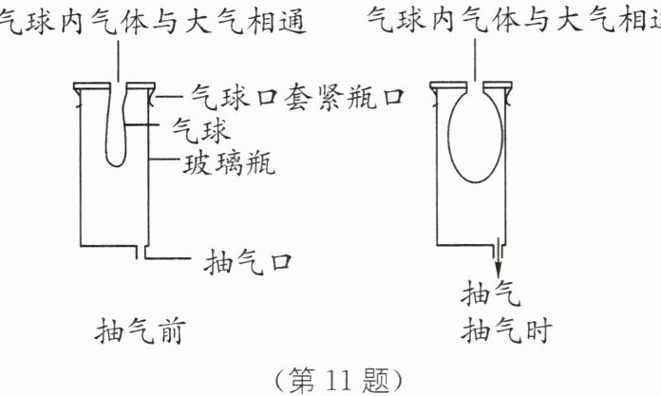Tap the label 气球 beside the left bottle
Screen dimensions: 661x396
click(x=200, y=124)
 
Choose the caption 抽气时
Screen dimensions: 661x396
click(x=503, y=331)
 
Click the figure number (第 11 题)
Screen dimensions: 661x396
click(x=330, y=380)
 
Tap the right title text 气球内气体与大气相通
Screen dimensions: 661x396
click(x=513, y=22)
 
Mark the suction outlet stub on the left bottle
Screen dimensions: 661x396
click(x=145, y=253)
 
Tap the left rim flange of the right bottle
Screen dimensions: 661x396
click(x=445, y=89)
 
